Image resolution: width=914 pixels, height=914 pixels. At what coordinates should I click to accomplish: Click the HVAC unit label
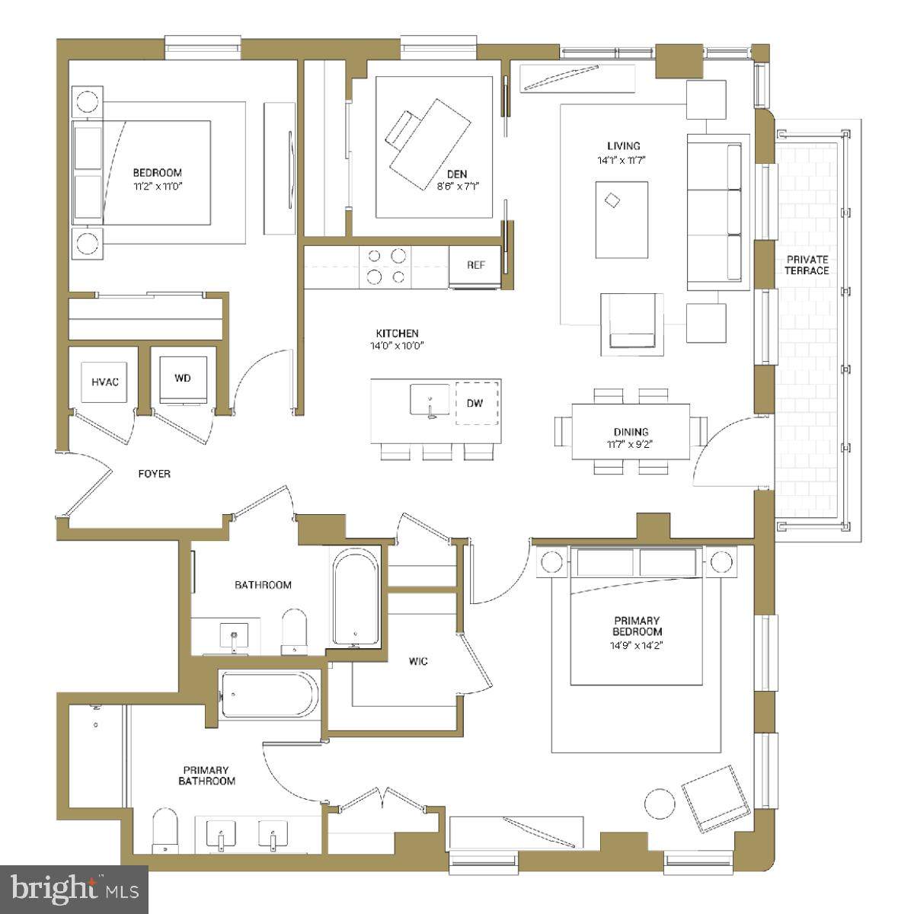(105, 382)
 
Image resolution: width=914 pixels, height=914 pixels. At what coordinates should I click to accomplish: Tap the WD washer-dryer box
(183, 380)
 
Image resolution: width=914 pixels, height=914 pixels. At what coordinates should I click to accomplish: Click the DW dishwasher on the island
(477, 403)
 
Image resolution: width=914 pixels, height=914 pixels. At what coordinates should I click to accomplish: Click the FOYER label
(154, 474)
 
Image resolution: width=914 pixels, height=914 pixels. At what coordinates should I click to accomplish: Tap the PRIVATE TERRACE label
(807, 265)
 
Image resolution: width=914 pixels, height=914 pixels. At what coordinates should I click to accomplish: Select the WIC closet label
(418, 661)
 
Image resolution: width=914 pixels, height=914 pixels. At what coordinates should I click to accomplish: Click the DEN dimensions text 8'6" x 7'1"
(459, 187)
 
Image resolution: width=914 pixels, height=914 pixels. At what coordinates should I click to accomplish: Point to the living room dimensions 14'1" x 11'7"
(622, 160)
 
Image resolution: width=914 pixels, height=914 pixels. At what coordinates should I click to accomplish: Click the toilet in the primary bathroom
(165, 831)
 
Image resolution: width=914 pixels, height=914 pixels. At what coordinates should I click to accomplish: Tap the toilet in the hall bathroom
(294, 631)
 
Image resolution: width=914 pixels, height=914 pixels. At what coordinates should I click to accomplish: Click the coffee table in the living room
(622, 219)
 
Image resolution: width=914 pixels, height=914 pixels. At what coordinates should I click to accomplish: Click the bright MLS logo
(75, 887)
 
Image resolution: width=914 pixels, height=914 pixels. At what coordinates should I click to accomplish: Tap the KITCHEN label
(397, 334)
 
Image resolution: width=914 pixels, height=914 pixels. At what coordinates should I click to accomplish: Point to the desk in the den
(430, 144)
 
